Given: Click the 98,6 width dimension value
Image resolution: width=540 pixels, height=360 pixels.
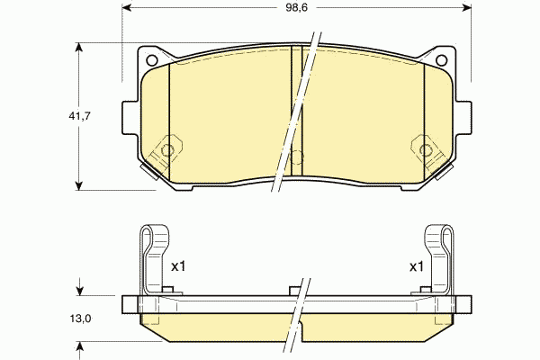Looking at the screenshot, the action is coord(296,7).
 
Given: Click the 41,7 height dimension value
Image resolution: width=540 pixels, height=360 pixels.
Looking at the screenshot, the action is coord(79,116).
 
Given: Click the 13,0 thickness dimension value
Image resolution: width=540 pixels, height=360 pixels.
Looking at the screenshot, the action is coord(81,319).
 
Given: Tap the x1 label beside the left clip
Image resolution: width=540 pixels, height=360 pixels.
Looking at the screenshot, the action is coord(178,266).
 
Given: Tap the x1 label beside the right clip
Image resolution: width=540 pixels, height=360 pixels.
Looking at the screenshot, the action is coord(417,266).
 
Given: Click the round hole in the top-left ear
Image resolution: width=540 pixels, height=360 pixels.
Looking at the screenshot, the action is coord(152,60).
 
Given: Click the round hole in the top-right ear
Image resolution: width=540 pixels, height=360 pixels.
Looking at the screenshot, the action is coord(442,60).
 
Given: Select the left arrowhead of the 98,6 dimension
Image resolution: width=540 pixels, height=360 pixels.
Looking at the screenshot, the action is coord(127,7).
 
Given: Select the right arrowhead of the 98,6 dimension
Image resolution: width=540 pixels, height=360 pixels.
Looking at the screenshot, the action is coord(466,7).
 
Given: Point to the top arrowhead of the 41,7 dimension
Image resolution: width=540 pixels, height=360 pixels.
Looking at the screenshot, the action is coord(79,48).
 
